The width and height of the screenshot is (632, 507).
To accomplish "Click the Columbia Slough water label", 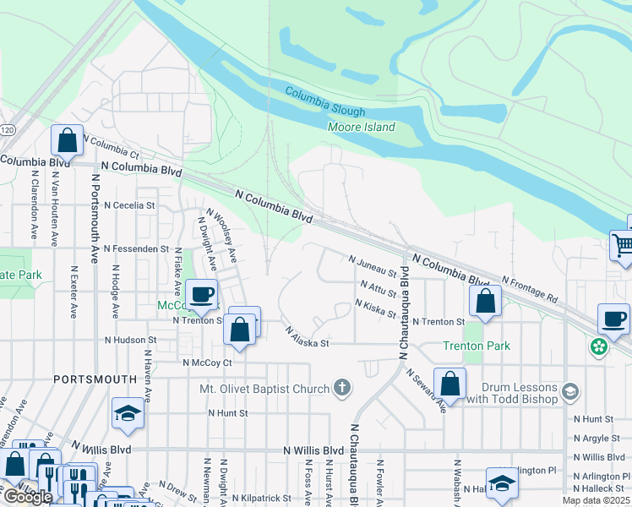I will pyautogui.click(x=325, y=101).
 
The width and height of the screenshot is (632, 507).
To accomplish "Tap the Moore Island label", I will pyautogui.click(x=361, y=128).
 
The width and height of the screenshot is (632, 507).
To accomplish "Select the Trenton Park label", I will pyautogui.click(x=476, y=346).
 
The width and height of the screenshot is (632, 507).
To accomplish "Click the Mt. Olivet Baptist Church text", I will pyautogui.click(x=264, y=389).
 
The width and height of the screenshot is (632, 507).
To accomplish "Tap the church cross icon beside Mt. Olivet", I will pyautogui.click(x=341, y=388).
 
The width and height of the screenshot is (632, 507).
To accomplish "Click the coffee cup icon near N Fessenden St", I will pyautogui.click(x=201, y=294).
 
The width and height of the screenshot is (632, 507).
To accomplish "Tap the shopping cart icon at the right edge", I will pyautogui.click(x=622, y=246).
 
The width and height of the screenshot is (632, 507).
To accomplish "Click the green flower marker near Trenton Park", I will pyautogui.click(x=599, y=346).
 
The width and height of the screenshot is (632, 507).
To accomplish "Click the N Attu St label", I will pyautogui.click(x=377, y=288).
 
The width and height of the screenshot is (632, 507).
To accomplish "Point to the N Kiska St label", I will pyautogui.click(x=376, y=308).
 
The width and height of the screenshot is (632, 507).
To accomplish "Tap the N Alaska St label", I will pyautogui.click(x=306, y=338).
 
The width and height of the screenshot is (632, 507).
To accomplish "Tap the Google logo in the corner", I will pyautogui.click(x=28, y=497).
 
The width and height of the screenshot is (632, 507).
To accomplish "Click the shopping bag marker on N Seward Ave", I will pyautogui.click(x=450, y=384).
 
